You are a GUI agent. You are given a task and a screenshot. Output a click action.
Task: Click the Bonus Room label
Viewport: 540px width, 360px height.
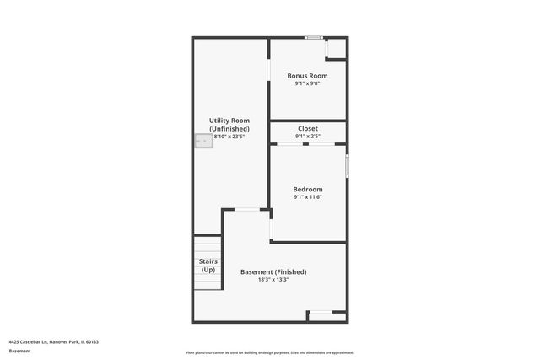pyautogui.click(x=307, y=75)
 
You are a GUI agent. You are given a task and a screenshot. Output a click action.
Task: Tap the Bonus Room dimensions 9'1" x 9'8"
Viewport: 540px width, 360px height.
pyautogui.click(x=307, y=83)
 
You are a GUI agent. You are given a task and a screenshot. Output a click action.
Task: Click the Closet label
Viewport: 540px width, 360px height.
pyautogui.click(x=307, y=128)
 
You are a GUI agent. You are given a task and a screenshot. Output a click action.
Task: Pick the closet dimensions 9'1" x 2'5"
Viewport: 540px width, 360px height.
pyautogui.click(x=307, y=136)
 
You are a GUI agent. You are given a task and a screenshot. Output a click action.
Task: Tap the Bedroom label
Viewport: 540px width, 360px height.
pyautogui.click(x=307, y=190)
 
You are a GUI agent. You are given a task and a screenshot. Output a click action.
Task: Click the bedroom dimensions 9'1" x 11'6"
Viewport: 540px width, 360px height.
pyautogui.click(x=307, y=198)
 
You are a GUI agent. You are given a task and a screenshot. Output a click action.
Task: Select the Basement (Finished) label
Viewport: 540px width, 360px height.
pyautogui.click(x=273, y=271)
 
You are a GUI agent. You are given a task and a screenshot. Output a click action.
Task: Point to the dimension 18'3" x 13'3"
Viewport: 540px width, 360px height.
pyautogui.click(x=273, y=280)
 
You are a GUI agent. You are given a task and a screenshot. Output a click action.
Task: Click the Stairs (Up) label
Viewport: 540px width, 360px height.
pyautogui.click(x=208, y=266)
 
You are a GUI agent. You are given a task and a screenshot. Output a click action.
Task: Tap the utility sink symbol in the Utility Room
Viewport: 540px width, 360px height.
pyautogui.click(x=202, y=142)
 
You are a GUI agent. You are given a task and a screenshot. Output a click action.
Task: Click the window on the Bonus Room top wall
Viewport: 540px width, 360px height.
pyautogui.click(x=314, y=37)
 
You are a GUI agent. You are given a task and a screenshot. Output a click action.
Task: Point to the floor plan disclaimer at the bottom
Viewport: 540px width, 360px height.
pyautogui.click(x=270, y=352)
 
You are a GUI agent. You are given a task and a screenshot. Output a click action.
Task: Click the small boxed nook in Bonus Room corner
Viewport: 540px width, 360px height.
pyautogui.click(x=336, y=48)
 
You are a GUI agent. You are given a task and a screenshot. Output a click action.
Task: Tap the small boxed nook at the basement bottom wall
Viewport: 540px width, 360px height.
pyautogui.click(x=327, y=316)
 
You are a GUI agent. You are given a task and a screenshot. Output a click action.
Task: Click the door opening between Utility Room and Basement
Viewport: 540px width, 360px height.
pyautogui.click(x=246, y=209)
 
